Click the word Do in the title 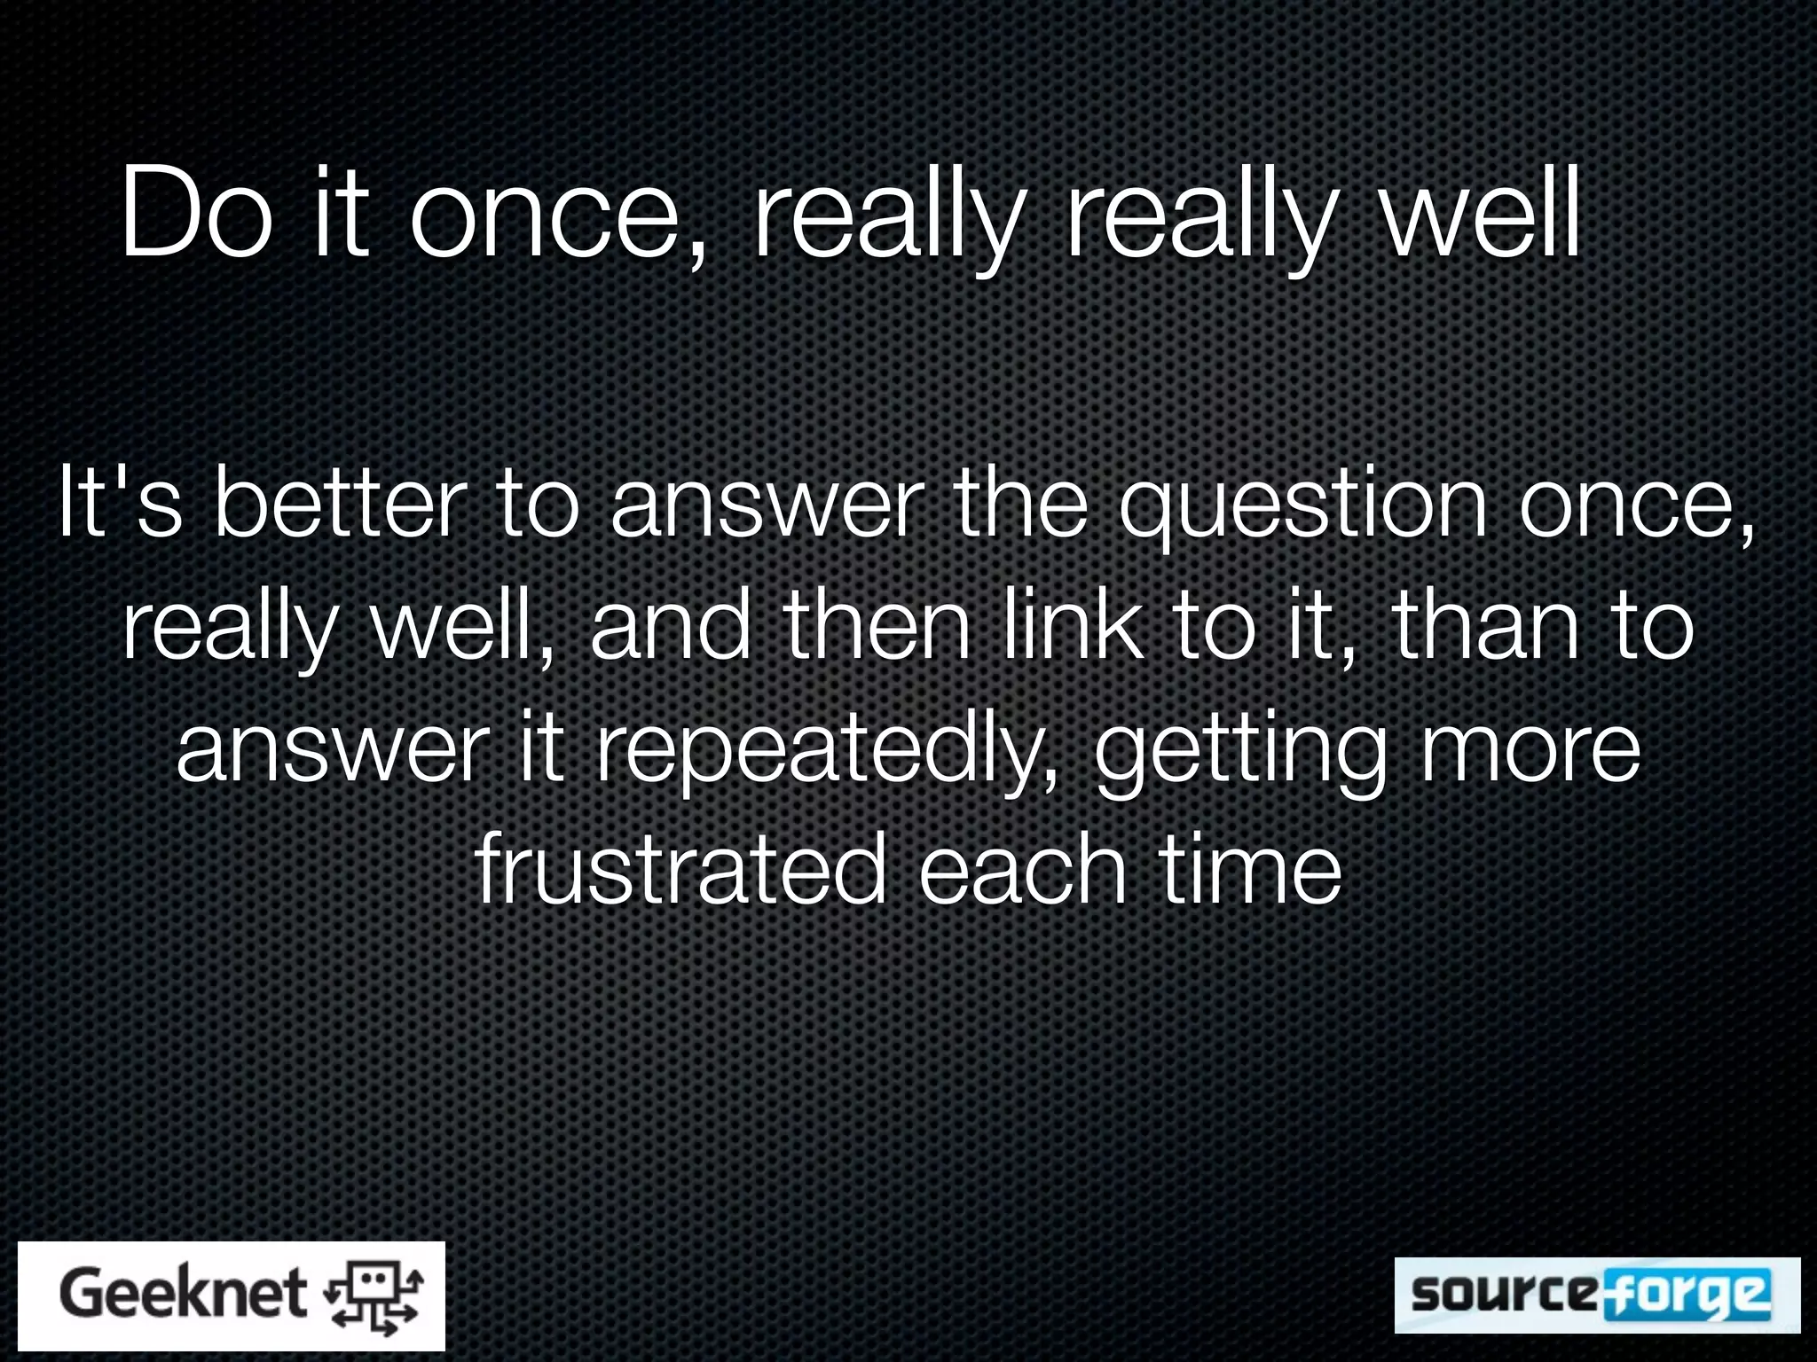tap(197, 215)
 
